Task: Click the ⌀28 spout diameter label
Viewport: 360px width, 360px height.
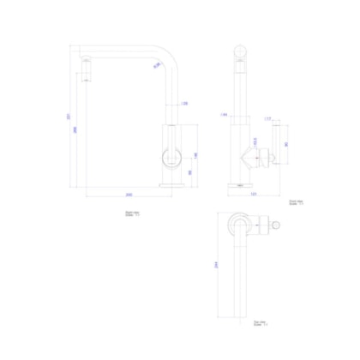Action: [186, 104]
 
